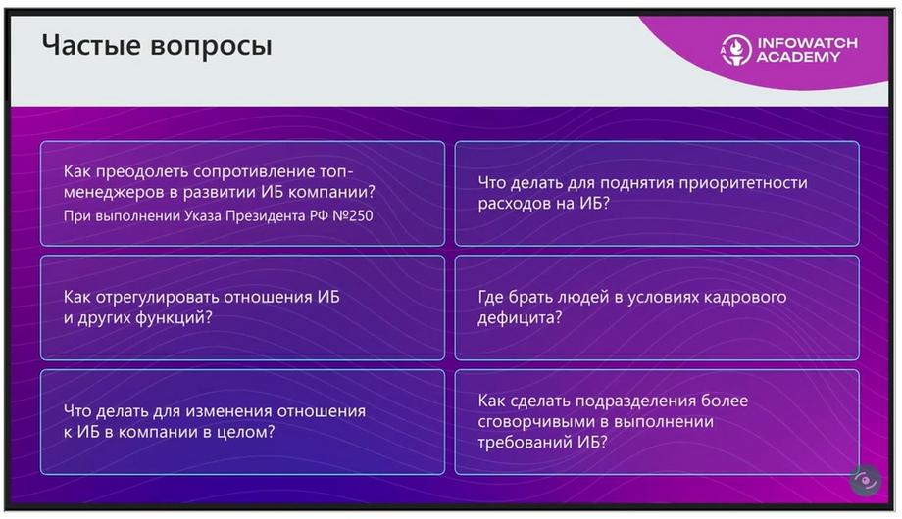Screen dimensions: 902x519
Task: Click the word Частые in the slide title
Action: pos(91,45)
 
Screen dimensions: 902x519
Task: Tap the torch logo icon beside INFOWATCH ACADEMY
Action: pos(735,49)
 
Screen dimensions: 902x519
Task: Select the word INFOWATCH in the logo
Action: pos(807,42)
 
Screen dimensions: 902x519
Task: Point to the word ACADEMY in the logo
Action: pos(798,57)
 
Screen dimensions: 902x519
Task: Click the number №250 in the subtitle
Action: pos(353,216)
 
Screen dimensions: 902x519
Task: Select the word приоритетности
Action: pos(742,183)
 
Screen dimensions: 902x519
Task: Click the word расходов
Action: pos(512,204)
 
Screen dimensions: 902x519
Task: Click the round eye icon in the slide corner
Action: pos(865,480)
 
